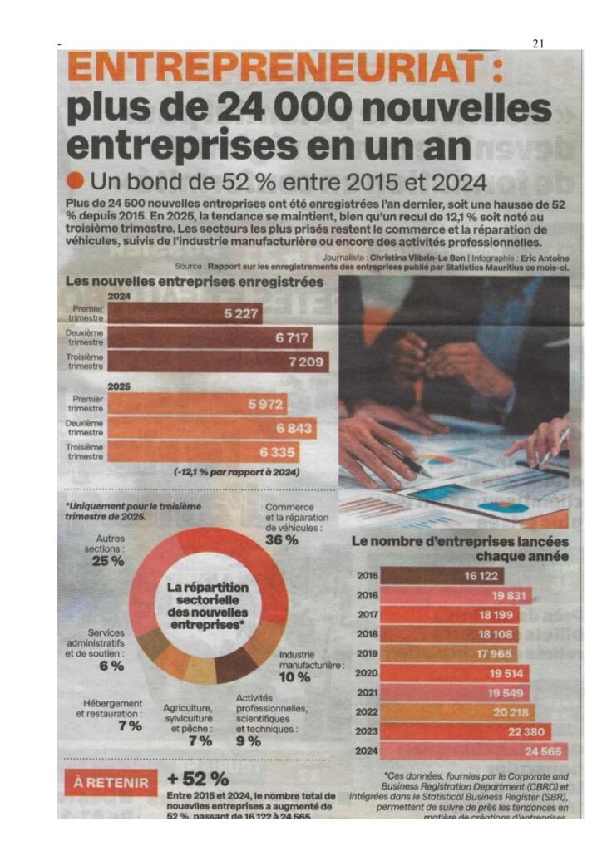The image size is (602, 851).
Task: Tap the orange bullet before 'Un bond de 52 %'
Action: pos(76,180)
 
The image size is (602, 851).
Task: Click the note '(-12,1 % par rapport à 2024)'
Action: pos(238,472)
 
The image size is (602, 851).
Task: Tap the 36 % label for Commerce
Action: pos(282,540)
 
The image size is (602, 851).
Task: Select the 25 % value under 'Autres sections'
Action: pos(107,561)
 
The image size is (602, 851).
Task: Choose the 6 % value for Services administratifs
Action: pos(111,666)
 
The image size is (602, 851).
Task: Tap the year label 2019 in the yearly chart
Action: pos(368,654)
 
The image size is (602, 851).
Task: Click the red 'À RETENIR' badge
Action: pos(111,782)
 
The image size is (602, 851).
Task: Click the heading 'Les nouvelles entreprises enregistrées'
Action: pos(194,283)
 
